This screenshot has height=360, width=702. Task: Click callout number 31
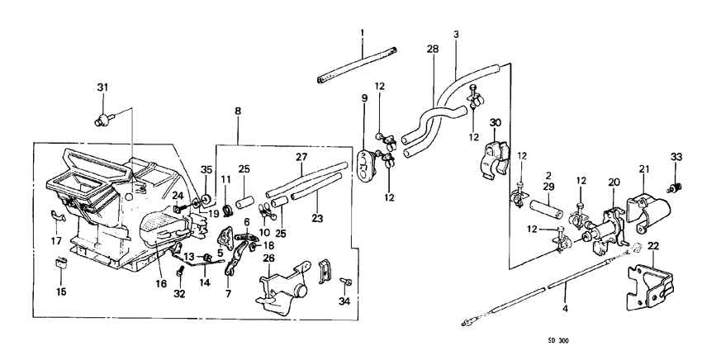pyautogui.click(x=102, y=88)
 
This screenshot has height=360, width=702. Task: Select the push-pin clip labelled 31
pyautogui.click(x=105, y=120)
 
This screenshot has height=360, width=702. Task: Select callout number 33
pyautogui.click(x=676, y=156)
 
